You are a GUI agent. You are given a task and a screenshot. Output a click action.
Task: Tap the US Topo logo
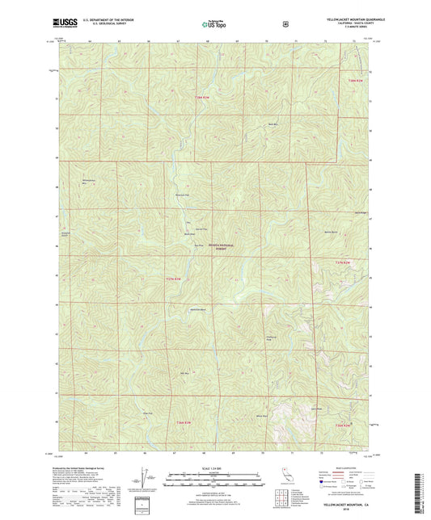pyautogui.click(x=213, y=25)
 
